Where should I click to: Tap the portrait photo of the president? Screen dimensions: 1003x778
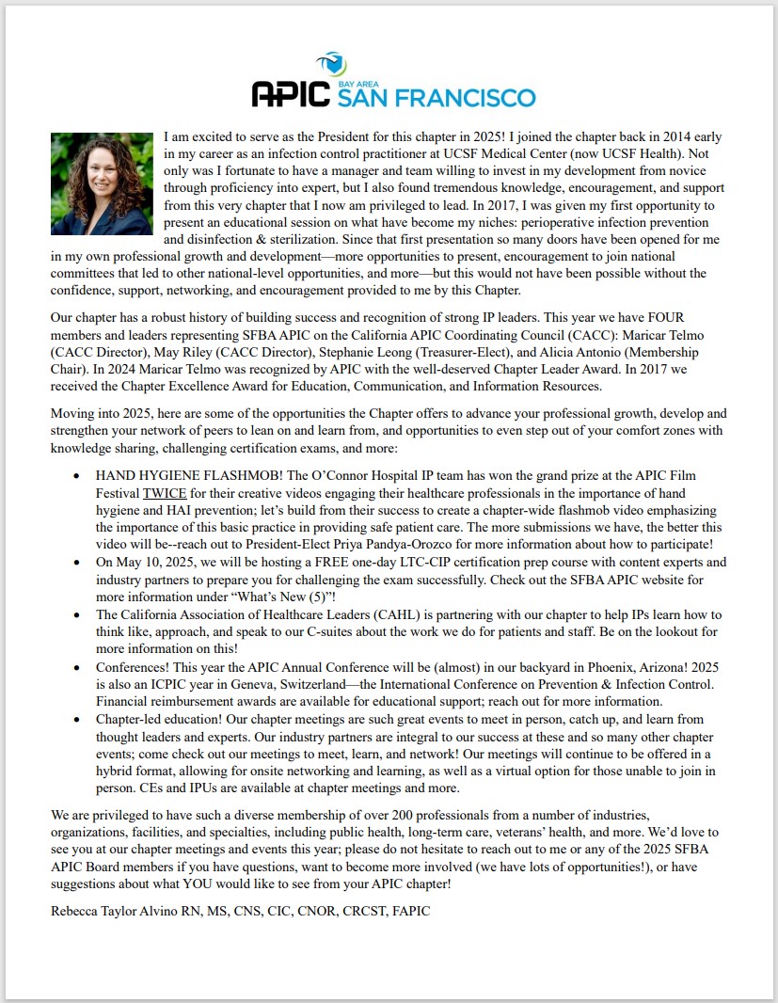pos(102,183)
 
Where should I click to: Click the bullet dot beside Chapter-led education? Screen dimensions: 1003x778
pos(76,720)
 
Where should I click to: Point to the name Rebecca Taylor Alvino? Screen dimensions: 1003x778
pos(117,912)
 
